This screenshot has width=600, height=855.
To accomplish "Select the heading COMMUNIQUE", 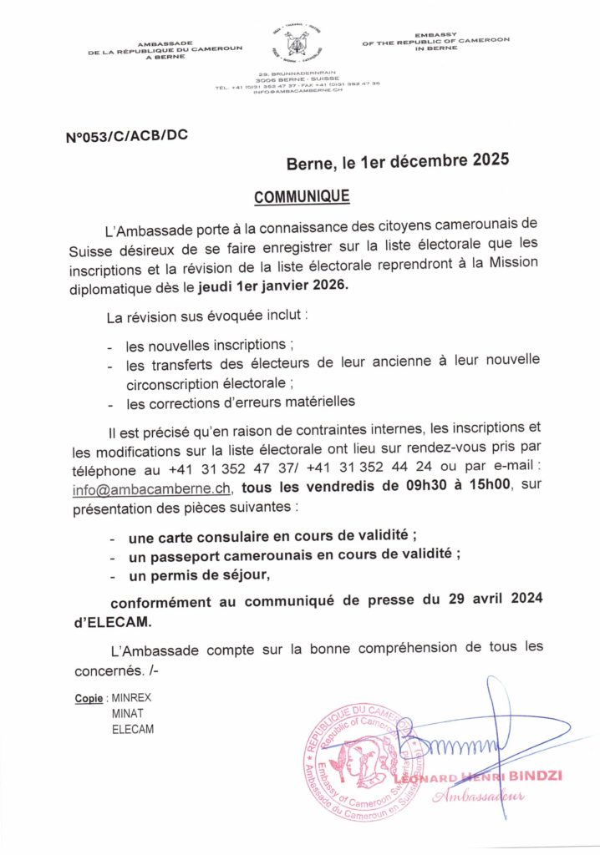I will [302, 196].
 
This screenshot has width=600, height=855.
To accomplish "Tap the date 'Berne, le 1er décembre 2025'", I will [397, 164].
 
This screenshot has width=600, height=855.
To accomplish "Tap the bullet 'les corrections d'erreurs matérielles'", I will [241, 402].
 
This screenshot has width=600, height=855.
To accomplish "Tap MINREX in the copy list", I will [131, 696].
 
